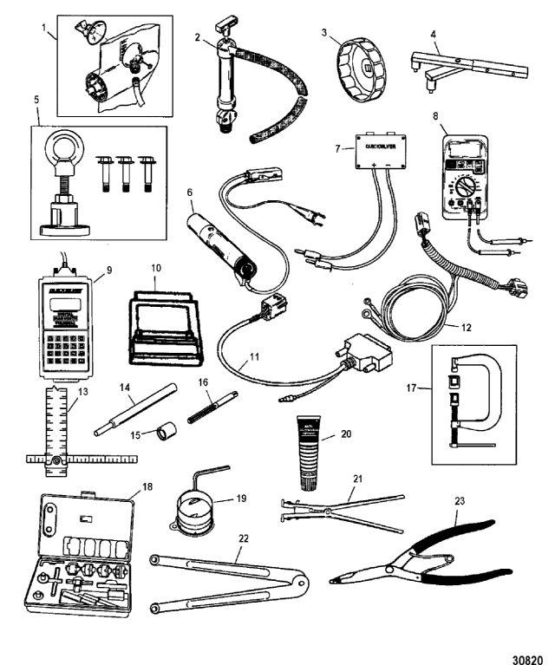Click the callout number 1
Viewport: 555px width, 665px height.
(x=45, y=27)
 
